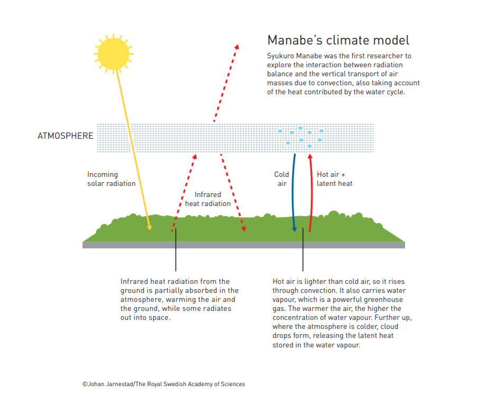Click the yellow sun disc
[x=114, y=53]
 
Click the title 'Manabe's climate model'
[x=338, y=40]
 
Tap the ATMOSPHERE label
[x=66, y=136]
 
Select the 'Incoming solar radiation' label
[x=112, y=179]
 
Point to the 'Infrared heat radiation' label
[x=208, y=199]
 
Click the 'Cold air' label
[x=282, y=179]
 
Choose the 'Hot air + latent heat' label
[x=335, y=179]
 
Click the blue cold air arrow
[x=293, y=193]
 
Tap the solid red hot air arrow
[x=311, y=193]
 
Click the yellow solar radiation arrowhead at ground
[x=150, y=228]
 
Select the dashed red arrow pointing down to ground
[x=233, y=193]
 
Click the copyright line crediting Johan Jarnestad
[x=164, y=384]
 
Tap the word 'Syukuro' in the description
[x=280, y=56]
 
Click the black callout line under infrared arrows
[x=176, y=249]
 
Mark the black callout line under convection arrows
[x=303, y=249]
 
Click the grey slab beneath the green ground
[x=244, y=245]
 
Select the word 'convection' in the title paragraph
[x=337, y=83]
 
